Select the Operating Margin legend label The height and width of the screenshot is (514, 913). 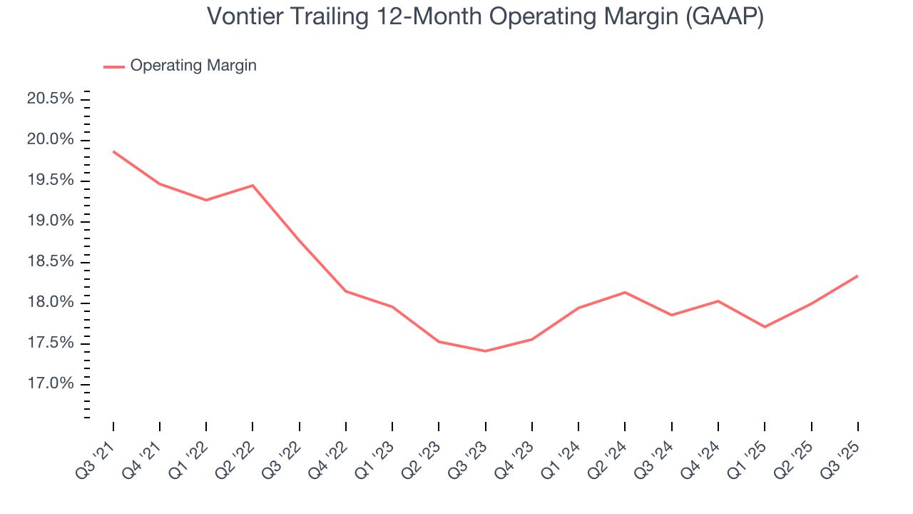(193, 66)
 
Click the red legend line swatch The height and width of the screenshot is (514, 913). (114, 66)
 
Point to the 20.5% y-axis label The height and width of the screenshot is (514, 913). (51, 99)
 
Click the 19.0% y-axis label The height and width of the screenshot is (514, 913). (51, 221)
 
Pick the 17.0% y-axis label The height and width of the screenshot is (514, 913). (51, 385)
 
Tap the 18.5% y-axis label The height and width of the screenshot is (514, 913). (51, 262)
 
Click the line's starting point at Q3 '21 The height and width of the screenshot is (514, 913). (113, 151)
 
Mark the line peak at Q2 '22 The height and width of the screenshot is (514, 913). (253, 186)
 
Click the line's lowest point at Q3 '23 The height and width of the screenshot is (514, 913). (485, 351)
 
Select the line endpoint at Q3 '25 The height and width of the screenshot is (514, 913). (857, 276)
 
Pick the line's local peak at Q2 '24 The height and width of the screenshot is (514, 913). (625, 292)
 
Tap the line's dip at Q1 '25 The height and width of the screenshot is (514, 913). (765, 327)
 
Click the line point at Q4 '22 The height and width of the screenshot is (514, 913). (346, 291)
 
